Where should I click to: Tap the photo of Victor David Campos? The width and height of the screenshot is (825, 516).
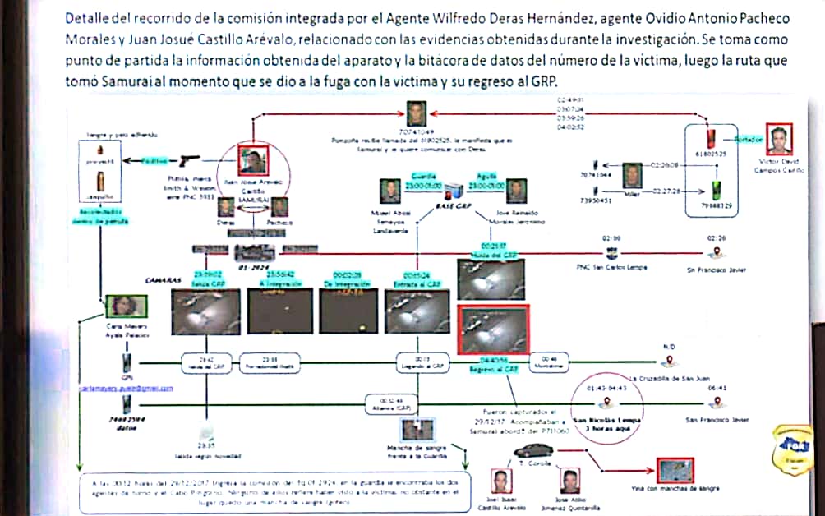pos(780,140)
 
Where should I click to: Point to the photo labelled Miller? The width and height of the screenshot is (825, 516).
pos(631,176)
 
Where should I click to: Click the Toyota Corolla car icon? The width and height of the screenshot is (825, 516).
pos(530,451)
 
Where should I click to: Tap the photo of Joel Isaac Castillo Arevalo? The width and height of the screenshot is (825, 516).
pos(499,481)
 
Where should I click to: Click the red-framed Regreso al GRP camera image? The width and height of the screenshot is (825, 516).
pos(494,329)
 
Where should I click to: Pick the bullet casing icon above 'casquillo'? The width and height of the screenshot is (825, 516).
pos(100,180)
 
